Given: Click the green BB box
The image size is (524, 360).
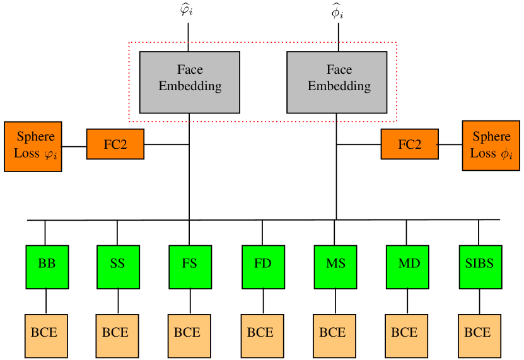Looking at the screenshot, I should (47, 267).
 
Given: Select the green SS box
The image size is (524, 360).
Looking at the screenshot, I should (118, 267).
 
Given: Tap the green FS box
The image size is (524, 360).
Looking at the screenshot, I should (190, 267).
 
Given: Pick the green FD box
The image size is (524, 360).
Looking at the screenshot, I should (263, 267).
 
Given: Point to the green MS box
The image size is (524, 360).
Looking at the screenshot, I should (335, 267).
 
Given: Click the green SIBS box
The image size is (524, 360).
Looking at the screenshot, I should (480, 267).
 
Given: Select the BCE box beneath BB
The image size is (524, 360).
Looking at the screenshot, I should (45, 335).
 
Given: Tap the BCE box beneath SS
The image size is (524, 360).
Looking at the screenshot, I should (117, 335).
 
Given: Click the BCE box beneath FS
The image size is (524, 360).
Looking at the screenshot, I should (189, 335).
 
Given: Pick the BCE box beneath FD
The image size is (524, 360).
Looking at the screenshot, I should (262, 335).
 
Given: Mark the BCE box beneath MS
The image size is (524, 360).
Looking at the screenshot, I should (334, 335).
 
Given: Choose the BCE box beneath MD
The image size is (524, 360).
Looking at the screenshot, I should (406, 335).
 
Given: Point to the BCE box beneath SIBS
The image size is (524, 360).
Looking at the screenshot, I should (479, 335).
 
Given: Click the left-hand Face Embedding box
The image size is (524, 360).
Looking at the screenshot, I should (189, 82).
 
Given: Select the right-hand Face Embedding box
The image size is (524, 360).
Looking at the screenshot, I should (337, 82).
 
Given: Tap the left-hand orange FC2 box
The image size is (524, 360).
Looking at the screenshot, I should (115, 144).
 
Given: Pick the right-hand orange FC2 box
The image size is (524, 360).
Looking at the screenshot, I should (409, 144).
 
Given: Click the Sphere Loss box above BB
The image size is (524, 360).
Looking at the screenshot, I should (33, 146).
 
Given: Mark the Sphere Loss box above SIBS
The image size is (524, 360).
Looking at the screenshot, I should (491, 146).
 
